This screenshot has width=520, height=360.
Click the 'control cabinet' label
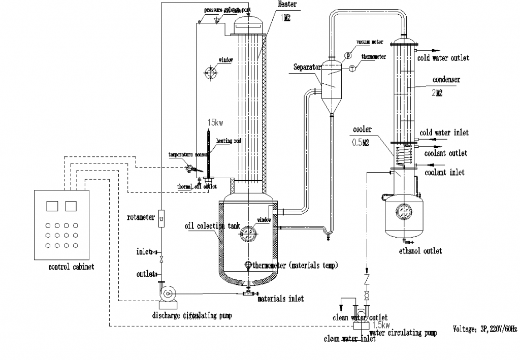(x=71, y=267)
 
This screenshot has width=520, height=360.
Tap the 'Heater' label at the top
(x=288, y=5)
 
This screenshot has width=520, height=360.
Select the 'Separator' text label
(x=307, y=67)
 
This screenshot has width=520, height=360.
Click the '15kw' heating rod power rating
(x=215, y=123)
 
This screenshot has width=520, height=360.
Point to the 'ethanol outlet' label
(x=420, y=250)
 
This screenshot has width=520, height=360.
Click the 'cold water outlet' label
(x=443, y=58)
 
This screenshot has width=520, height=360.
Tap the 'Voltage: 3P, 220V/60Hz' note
(x=484, y=329)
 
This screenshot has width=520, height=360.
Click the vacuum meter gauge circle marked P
(x=348, y=55)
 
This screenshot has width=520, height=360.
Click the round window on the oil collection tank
(x=247, y=233)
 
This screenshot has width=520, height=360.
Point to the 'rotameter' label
(x=141, y=218)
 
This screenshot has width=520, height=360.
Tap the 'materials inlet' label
(x=280, y=299)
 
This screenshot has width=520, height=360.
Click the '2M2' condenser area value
(x=436, y=93)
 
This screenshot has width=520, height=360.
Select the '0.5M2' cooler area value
(x=361, y=143)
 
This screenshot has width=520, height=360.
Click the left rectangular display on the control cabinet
(x=52, y=206)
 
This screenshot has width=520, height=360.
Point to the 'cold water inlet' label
(x=444, y=133)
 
